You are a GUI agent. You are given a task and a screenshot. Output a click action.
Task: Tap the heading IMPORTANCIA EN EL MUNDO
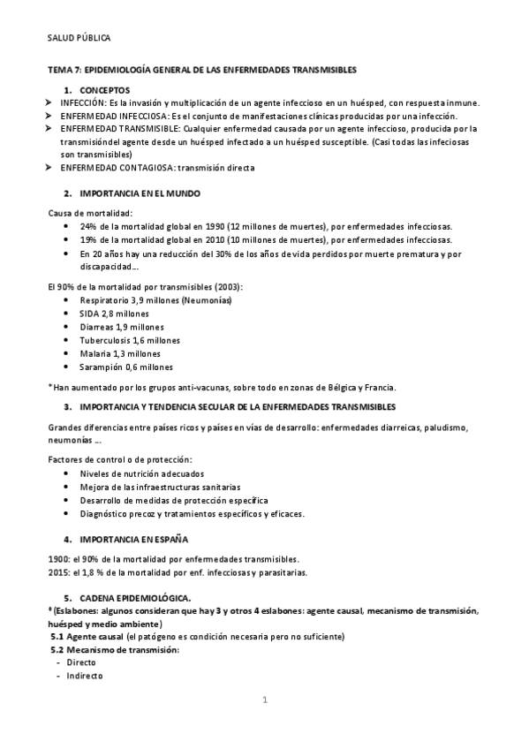point(139,193)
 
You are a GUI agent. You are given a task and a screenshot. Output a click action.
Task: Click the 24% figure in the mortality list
point(88,226)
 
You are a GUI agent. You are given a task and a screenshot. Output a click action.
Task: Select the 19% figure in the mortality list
point(88,239)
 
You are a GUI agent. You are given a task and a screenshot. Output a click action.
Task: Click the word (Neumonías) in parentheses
point(207,300)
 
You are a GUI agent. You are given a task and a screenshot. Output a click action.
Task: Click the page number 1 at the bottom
point(264,700)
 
